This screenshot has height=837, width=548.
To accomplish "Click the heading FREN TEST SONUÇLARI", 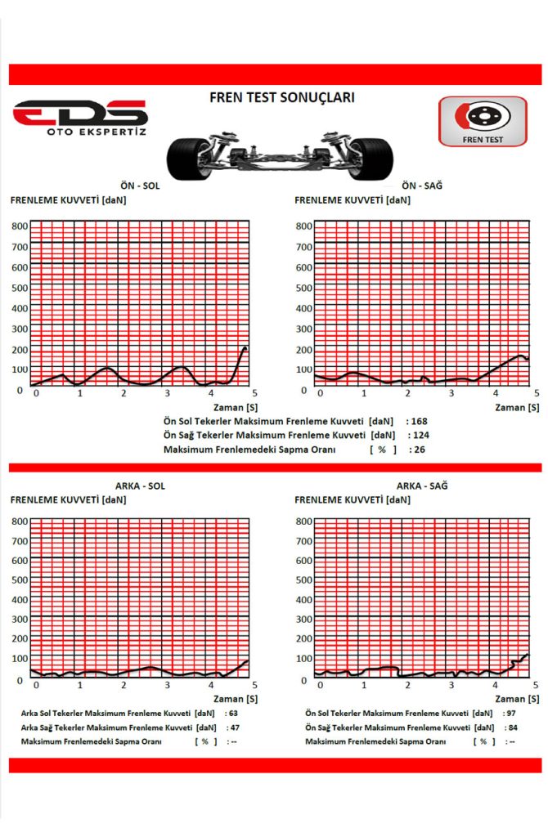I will pyautogui.click(x=281, y=97).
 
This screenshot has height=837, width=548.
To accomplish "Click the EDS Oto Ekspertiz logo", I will pyautogui.click(x=80, y=119).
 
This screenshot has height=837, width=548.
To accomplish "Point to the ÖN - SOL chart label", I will pyautogui.click(x=139, y=186).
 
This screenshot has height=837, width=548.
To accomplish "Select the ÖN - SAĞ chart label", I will pyautogui.click(x=422, y=186).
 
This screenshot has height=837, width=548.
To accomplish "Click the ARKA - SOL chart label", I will pyautogui.click(x=140, y=486).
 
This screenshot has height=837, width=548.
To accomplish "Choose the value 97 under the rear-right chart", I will pyautogui.click(x=512, y=713).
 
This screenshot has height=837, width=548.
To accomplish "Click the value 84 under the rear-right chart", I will pyautogui.click(x=512, y=727).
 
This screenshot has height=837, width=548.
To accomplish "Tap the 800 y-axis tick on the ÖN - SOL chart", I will pyautogui.click(x=19, y=226).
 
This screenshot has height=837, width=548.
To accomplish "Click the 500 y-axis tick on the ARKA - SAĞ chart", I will pyautogui.click(x=303, y=580).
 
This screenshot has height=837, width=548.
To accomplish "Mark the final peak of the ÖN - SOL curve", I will pyautogui.click(x=245, y=348).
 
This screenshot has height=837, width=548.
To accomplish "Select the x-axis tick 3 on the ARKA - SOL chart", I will pyautogui.click(x=168, y=684).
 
